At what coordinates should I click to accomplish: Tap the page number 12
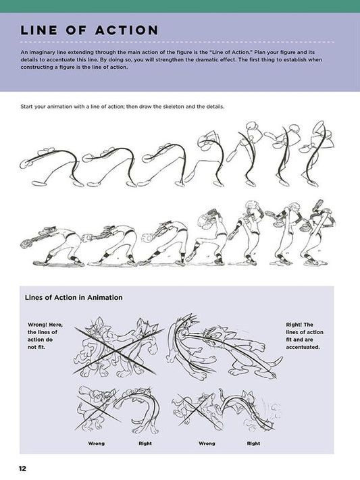pos(22,468)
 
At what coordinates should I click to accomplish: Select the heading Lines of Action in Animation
pos(73,297)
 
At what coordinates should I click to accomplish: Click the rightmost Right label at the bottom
pos(253,444)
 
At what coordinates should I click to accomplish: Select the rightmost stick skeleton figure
pos(317,153)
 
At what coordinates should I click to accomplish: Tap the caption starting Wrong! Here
pos(45,336)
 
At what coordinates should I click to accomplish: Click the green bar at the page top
pos(180,5)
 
